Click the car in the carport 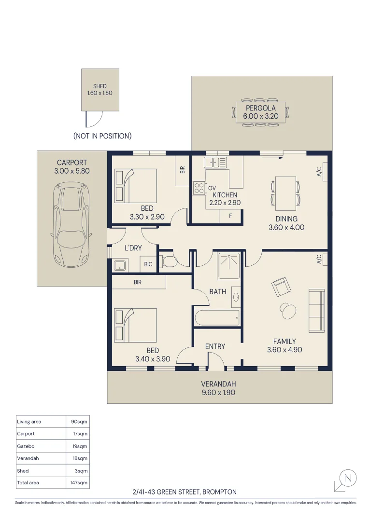[x=71, y=225]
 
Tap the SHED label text [x=100, y=86]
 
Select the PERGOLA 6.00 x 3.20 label [x=260, y=112]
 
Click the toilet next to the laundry [x=170, y=261]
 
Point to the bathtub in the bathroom [x=217, y=318]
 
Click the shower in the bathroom [x=229, y=265]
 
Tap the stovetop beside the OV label [x=199, y=188]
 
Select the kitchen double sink [x=215, y=163]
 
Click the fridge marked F [x=230, y=216]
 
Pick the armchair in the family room [x=282, y=287]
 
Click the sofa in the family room [x=316, y=310]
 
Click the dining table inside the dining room [x=285, y=193]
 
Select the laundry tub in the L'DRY [x=120, y=265]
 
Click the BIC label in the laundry [x=148, y=264]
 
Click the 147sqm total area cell [x=79, y=482]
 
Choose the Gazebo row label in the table [x=26, y=446]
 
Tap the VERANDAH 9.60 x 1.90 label [x=218, y=388]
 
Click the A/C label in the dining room [x=319, y=171]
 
